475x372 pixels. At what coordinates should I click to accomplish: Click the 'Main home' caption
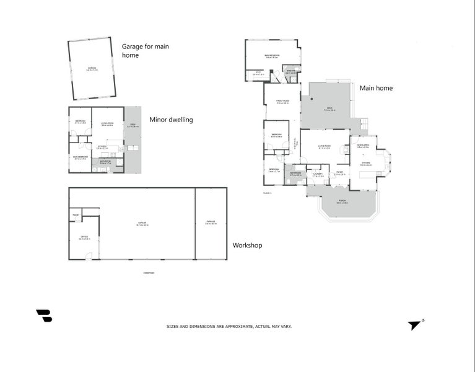pos(376,88)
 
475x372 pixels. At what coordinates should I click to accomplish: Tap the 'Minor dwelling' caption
pos(172,120)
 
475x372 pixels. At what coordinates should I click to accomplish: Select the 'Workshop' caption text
pos(247,246)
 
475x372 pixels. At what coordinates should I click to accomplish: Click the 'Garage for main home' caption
pos(145,50)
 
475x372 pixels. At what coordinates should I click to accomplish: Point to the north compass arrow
pos(414,325)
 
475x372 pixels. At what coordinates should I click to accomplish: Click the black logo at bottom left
pos(44,316)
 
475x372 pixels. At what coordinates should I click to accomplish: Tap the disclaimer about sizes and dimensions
pos(237,326)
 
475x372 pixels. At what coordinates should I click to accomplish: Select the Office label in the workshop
pos(84,237)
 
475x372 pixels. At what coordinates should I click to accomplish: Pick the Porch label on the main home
pos(342,202)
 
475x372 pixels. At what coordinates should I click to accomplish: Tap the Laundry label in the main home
pos(318,175)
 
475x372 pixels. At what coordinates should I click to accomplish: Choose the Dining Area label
pos(363,146)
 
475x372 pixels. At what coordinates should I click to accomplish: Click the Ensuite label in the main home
pos(290,71)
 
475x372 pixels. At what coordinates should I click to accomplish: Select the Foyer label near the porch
pos(339,173)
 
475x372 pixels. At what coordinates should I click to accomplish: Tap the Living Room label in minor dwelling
pos(107,124)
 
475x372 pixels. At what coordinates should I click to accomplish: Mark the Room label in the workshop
pos(75,215)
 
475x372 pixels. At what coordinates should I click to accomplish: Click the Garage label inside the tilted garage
pos(92,69)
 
